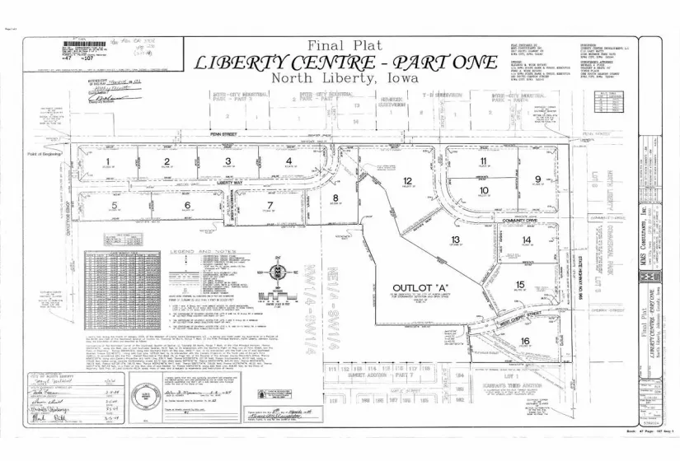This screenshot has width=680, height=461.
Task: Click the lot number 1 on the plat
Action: [107, 161]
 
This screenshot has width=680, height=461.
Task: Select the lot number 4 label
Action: [288, 161]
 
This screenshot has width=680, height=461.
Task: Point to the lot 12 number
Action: [407, 180]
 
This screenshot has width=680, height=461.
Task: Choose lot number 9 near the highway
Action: [537, 179]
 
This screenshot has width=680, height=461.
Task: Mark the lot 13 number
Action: [454, 239]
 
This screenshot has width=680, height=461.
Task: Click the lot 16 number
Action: [524, 341]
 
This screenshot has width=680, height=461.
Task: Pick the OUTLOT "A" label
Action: [406, 290]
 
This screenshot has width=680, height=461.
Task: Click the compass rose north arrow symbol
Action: [279, 270]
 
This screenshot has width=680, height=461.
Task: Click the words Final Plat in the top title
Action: [339, 45]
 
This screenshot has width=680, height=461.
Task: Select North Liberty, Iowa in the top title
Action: [338, 78]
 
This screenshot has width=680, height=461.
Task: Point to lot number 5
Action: [115, 205]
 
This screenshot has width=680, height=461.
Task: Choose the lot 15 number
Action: [520, 285]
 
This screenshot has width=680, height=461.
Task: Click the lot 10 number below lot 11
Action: [484, 191]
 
